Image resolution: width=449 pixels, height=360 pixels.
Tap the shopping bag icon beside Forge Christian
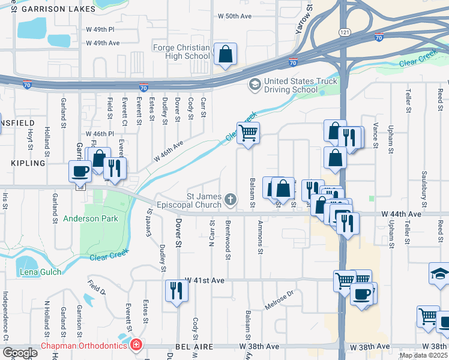coord(225,54)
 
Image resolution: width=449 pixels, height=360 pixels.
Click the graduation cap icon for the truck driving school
coord(255,83)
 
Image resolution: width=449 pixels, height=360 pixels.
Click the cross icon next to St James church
coord(230,198)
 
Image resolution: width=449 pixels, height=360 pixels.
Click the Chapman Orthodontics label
coord(84,346)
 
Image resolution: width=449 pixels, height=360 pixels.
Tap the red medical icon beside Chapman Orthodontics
coord(136,345)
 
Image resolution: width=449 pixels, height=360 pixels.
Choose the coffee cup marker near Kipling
coord(80,172)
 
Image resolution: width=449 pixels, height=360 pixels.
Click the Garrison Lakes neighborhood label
coord(48,10)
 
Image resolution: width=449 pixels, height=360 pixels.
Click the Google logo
coord(19,353)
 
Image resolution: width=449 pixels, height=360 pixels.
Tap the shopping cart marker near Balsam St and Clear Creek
coord(248,133)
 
